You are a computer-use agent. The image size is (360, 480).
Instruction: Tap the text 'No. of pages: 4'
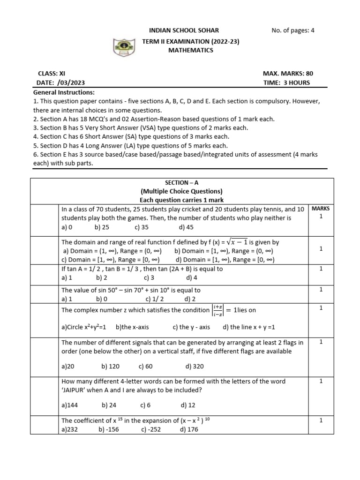[293, 31]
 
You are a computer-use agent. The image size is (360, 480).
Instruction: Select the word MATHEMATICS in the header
[191, 50]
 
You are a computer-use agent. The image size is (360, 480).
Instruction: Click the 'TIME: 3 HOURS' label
[287, 82]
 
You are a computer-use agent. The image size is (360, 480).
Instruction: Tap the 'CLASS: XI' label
[52, 74]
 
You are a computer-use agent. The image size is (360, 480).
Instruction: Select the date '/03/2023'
[67, 82]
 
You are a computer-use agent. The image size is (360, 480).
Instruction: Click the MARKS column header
[321, 208]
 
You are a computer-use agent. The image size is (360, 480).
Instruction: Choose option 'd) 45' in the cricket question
[186, 227]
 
